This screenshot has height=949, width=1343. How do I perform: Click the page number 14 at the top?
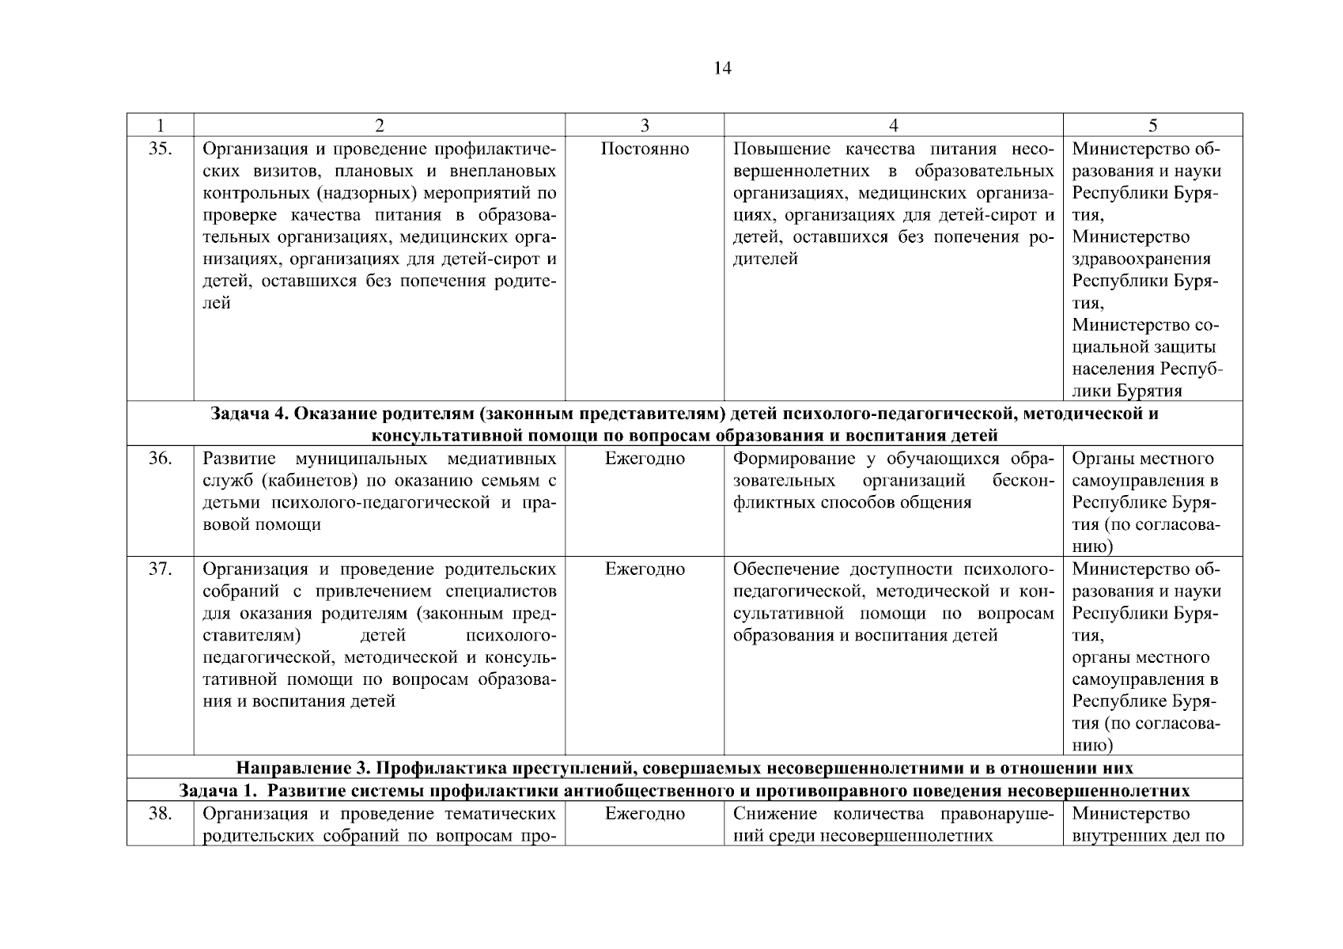tap(722, 69)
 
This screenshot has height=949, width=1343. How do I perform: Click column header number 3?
tap(645, 125)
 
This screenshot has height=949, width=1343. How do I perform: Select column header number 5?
tap(1152, 125)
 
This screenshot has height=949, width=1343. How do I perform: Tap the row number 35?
tap(161, 149)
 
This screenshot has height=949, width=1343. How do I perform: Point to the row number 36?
tap(161, 459)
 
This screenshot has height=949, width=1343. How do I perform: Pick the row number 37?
tap(161, 569)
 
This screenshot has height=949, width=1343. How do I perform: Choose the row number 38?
tap(161, 814)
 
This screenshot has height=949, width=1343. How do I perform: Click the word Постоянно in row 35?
tap(645, 149)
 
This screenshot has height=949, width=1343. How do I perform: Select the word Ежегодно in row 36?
tap(645, 459)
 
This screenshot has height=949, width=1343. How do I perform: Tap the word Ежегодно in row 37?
tap(645, 569)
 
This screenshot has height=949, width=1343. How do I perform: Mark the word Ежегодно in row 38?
tap(645, 814)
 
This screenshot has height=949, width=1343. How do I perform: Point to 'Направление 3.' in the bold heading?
tap(303, 768)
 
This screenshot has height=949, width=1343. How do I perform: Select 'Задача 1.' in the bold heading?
tap(214, 791)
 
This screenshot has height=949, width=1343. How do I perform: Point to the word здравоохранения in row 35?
tap(1141, 259)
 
